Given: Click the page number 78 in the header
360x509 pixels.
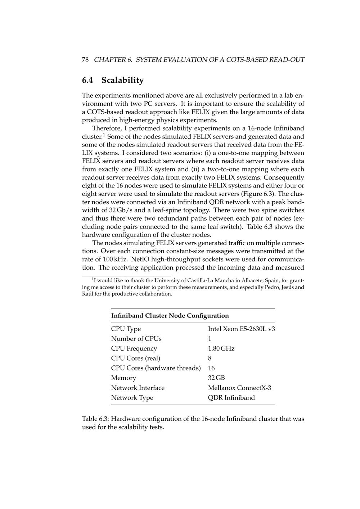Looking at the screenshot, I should (x=85, y=60).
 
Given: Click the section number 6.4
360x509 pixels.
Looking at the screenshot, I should (x=87, y=80).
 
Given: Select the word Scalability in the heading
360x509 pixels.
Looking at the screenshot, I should (x=122, y=80).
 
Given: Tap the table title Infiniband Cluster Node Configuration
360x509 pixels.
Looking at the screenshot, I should (x=170, y=316).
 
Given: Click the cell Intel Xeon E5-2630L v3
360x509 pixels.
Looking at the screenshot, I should (x=242, y=329).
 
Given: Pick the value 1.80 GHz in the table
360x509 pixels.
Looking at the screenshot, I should (x=221, y=348).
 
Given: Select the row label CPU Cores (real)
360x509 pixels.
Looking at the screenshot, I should (x=136, y=358).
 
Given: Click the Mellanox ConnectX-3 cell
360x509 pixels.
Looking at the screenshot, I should (x=240, y=388).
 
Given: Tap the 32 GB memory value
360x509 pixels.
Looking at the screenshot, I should (x=216, y=378).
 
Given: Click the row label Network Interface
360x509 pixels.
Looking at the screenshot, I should (x=138, y=388).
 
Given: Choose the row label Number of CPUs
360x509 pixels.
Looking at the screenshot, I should (x=136, y=339).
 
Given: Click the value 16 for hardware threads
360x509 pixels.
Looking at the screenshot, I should (x=211, y=368).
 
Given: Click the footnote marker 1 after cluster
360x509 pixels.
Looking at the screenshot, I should (x=104, y=135).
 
